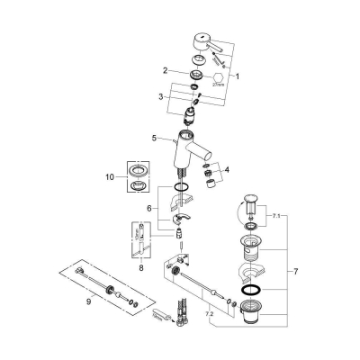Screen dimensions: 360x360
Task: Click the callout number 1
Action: tap(237, 77)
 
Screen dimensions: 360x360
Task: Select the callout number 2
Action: tap(165, 70)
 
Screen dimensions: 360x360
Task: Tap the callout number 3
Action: tap(161, 96)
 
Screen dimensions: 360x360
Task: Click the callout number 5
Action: tap(156, 139)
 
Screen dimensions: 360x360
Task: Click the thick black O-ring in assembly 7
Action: tap(253, 291)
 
